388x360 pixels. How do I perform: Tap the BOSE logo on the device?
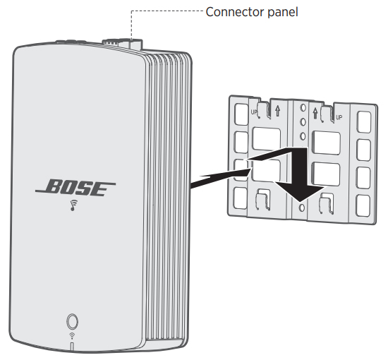click(75, 188)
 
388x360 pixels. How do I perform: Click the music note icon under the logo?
click(74, 205)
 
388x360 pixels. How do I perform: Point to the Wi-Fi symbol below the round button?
click(72, 336)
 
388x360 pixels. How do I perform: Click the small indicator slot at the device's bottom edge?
click(72, 346)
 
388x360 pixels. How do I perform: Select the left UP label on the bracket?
click(254, 112)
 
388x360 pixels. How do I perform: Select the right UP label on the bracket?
click(339, 117)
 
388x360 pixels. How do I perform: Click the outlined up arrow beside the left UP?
click(278, 111)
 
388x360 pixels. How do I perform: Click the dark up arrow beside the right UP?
click(315, 113)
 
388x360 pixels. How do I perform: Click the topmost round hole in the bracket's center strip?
click(303, 107)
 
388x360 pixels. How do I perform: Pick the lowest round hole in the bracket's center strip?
click(302, 208)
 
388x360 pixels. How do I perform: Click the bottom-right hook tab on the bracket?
click(327, 203)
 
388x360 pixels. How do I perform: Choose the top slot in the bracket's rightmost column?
click(364, 122)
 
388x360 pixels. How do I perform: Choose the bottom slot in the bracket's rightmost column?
click(363, 205)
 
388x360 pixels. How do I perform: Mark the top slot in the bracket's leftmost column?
click(241, 114)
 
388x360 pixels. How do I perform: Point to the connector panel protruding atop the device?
click(122, 44)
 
